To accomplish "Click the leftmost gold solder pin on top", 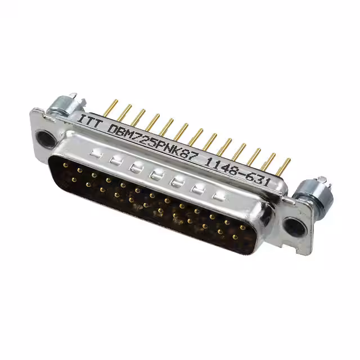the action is [x=111, y=107].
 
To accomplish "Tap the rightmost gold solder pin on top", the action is [x=283, y=166].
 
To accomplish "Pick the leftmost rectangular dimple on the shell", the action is [x=97, y=152].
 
